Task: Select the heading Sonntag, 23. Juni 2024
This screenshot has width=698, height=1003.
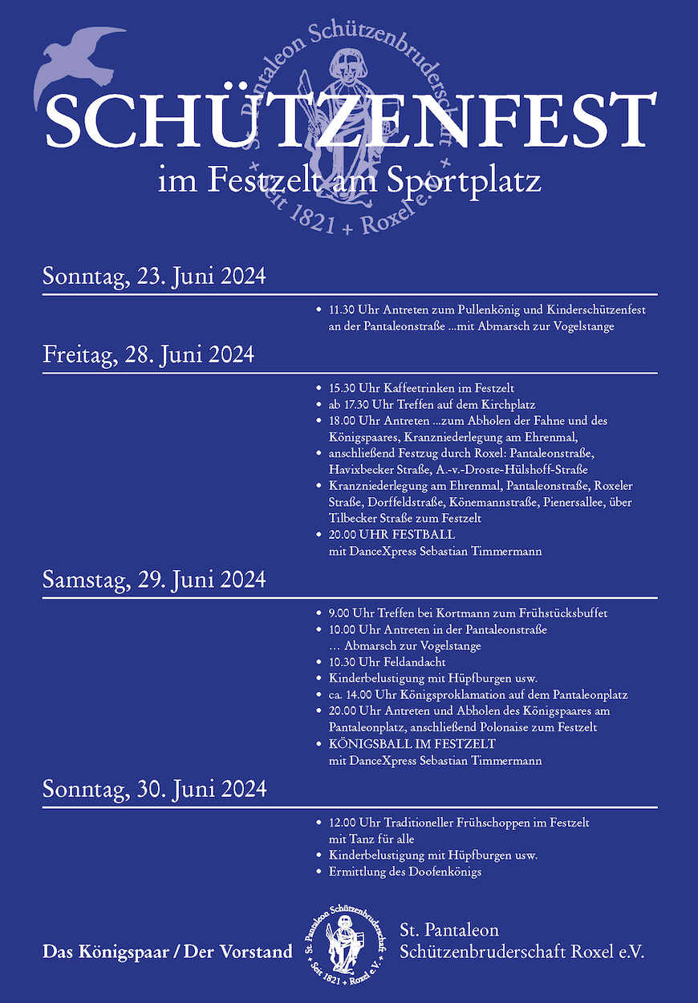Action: pyautogui.click(x=154, y=277)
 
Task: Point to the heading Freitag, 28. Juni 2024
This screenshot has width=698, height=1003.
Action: pyautogui.click(x=148, y=354)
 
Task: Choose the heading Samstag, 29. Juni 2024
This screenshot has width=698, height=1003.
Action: pyautogui.click(x=154, y=579)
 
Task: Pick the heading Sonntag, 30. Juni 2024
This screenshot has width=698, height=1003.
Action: pyautogui.click(x=154, y=789)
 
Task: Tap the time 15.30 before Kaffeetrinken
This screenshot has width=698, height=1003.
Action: pyautogui.click(x=342, y=387)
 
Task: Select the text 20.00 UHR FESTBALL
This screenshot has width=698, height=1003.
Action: pyautogui.click(x=392, y=534)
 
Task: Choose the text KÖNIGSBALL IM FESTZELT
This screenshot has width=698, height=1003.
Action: pyautogui.click(x=412, y=744)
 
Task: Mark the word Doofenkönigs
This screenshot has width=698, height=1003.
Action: pyautogui.click(x=444, y=872)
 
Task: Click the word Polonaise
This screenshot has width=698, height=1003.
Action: pyautogui.click(x=517, y=727)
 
